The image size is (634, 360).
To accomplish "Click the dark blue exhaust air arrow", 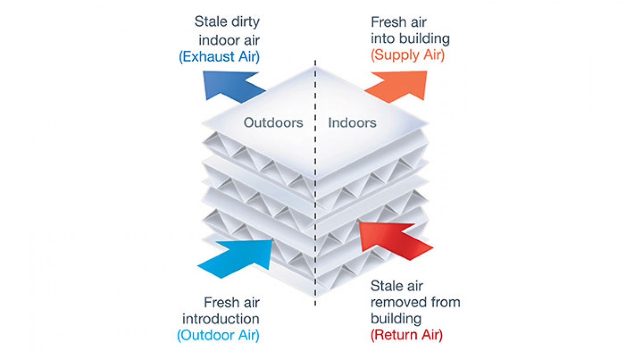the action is pyautogui.click(x=231, y=86).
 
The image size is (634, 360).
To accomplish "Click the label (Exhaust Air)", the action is pyautogui.click(x=219, y=57).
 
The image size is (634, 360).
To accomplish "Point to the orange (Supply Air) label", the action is pyautogui.click(x=408, y=55).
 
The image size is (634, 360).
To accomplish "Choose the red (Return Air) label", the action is pyautogui.click(x=407, y=335).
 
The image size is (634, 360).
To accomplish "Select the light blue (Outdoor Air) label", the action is pyautogui.click(x=218, y=335).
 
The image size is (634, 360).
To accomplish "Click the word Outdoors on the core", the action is pyautogui.click(x=273, y=123).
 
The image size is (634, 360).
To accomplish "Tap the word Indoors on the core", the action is pyautogui.click(x=352, y=123).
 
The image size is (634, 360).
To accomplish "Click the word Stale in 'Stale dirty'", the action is pyautogui.click(x=211, y=22).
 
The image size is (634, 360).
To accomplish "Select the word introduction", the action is pyautogui.click(x=221, y=319).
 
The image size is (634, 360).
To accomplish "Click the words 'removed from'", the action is pyautogui.click(x=415, y=302).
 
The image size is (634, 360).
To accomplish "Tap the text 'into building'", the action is pyautogui.click(x=410, y=39).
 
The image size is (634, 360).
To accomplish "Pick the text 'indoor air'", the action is pyautogui.click(x=229, y=40).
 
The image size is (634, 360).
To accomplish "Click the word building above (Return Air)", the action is pyautogui.click(x=396, y=319).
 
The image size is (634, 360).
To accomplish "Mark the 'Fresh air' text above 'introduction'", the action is pyautogui.click(x=232, y=302).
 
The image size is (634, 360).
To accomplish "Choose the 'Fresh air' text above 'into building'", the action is pyautogui.click(x=398, y=22).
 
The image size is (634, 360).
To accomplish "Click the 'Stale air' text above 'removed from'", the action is pyautogui.click(x=397, y=286).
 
